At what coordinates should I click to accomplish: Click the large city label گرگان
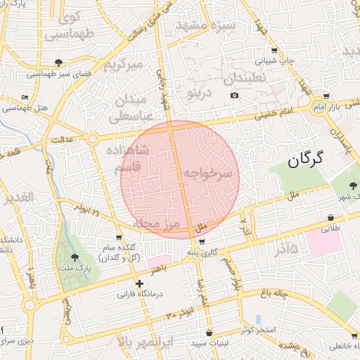point(305,158)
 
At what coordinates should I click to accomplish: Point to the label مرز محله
point(157,224)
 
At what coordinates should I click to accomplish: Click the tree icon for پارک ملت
point(75,257)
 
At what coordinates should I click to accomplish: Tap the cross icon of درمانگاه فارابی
point(140,283)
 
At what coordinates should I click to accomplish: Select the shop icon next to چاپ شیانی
point(274,50)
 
